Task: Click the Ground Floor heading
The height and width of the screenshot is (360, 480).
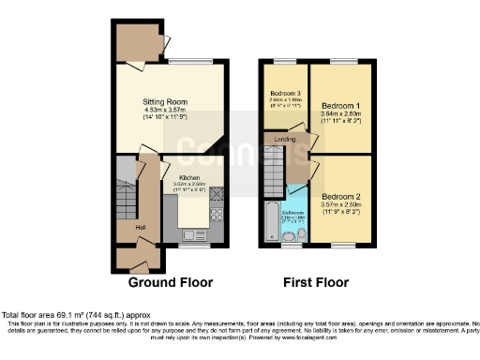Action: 170,281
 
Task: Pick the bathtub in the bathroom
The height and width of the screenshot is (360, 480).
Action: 270,221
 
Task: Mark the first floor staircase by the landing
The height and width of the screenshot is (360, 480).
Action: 272,173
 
